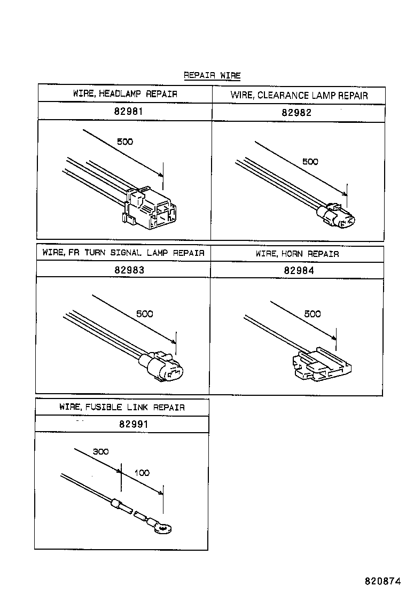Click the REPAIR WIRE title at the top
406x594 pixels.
[212, 75]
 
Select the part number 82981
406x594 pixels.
[125, 112]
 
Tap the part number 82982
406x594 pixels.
[296, 113]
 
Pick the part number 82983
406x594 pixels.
[129, 270]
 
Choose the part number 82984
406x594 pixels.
[299, 270]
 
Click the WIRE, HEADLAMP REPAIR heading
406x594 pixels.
[125, 94]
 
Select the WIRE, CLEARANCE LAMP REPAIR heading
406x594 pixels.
[299, 96]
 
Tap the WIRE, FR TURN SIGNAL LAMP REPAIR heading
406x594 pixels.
[123, 253]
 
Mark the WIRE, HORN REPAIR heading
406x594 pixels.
[297, 254]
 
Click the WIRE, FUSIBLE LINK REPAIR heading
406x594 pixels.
[122, 407]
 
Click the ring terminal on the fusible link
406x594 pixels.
[162, 527]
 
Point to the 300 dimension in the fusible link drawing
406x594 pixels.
[100, 451]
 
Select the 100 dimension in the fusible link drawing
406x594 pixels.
[142, 473]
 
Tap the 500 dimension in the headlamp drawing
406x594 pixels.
[124, 142]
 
